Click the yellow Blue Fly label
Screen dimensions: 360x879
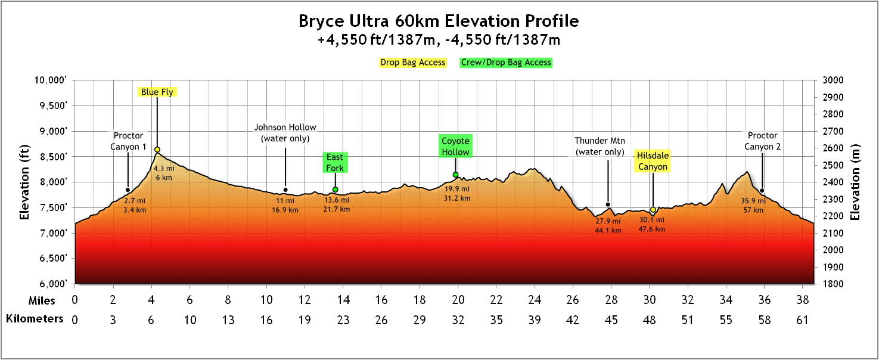click(157, 92)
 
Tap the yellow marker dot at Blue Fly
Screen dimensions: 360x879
click(157, 150)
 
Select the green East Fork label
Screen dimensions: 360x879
click(335, 163)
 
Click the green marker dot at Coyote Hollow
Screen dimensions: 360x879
click(455, 175)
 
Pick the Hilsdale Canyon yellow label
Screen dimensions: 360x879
click(653, 161)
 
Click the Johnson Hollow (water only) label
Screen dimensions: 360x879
click(285, 133)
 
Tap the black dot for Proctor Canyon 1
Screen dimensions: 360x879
click(128, 190)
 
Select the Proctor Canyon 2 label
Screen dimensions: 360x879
click(763, 141)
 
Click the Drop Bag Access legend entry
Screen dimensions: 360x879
click(413, 62)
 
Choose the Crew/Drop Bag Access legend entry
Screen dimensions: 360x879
click(506, 62)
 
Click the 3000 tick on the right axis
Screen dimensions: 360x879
click(831, 80)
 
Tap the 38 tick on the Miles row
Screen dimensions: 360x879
click(803, 299)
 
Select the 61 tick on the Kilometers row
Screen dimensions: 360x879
click(803, 320)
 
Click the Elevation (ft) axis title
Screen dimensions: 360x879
click(24, 182)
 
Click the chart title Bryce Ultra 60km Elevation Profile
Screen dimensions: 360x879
click(439, 21)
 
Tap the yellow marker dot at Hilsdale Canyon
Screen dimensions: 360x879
click(653, 210)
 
